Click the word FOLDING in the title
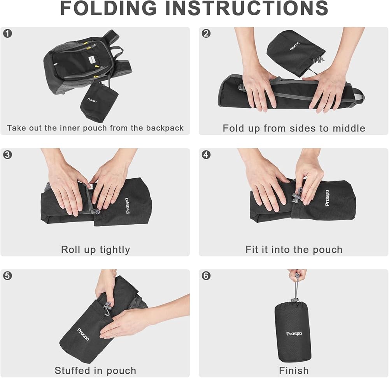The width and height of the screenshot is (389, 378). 109,8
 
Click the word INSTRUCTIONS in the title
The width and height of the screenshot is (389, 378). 247,8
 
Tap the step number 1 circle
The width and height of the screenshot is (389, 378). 7,33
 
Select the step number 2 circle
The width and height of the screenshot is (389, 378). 206,33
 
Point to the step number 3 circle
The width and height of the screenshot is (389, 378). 7,155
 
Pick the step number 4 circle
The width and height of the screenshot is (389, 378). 206,155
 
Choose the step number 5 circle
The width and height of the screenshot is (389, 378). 7,276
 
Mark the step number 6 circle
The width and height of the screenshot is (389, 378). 206,276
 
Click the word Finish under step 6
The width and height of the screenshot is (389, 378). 294,370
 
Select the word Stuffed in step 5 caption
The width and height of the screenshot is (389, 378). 72,370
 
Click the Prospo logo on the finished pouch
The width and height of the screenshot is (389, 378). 294,334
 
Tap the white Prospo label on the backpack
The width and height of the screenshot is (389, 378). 92,60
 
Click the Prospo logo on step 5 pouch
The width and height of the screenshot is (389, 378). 83,334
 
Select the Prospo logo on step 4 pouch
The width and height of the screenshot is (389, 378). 327,198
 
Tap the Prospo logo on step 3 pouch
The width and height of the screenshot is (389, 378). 127,206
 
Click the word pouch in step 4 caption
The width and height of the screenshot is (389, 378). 328,250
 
